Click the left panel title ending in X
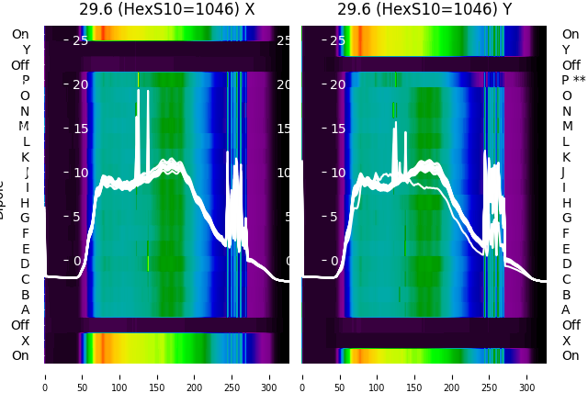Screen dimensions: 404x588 [166, 10]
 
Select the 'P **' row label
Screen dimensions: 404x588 [573, 81]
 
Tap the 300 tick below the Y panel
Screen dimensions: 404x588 [527, 376]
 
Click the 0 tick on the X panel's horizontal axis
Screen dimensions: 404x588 [45, 376]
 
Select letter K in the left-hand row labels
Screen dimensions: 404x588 [26, 157]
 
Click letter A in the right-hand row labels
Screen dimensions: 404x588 [566, 309]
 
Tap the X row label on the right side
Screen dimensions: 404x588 [566, 341]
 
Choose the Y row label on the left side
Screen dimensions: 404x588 [26, 50]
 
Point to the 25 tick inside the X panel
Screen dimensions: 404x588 [80, 40]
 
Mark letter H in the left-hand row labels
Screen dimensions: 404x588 [26, 203]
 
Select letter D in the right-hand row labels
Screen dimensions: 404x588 [566, 264]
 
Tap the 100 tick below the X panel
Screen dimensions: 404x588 [119, 376]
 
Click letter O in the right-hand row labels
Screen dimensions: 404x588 [566, 95]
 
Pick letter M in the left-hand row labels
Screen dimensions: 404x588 [25, 126]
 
